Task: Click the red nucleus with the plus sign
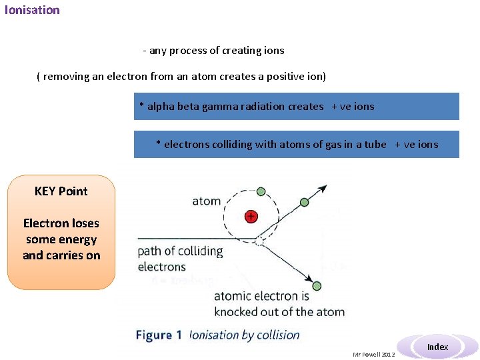point(251,216)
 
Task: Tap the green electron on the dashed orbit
point(261,191)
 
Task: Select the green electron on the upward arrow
point(305,202)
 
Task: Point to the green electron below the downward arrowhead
point(316,286)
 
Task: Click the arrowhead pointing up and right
point(323,188)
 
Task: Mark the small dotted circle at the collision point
point(259,239)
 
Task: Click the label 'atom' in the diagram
point(206,201)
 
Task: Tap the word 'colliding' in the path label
point(201,251)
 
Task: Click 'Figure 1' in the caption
point(159,335)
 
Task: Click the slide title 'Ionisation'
point(32,10)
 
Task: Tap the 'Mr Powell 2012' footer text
point(373,355)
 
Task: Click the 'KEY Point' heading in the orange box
point(61,191)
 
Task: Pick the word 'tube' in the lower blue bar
point(375,144)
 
